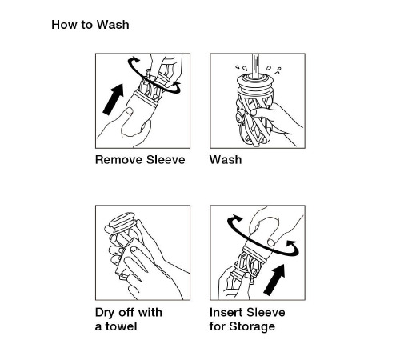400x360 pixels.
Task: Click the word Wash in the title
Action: coord(113,25)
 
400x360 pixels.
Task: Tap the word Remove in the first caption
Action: coord(118,160)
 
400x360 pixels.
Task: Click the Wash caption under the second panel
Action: coord(226,160)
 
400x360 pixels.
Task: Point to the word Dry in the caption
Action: coord(105,313)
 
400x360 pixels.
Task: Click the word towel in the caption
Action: coord(122,326)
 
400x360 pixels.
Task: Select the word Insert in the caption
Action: coord(226,312)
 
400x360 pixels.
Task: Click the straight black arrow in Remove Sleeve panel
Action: coord(114,99)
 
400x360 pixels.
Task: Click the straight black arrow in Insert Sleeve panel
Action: coord(274,280)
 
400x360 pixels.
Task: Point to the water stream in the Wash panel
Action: coord(255,66)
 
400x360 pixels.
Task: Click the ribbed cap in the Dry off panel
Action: coord(123,222)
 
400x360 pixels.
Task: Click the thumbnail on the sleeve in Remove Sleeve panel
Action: coord(129,110)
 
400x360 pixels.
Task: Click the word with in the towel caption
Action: coord(150,312)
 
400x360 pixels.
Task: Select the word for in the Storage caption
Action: coord(218,326)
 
